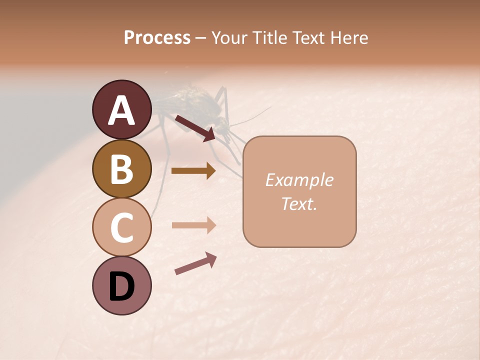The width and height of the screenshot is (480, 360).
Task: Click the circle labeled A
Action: click(x=121, y=109)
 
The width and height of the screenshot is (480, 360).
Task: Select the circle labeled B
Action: click(x=121, y=168)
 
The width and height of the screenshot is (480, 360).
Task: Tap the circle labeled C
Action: click(x=121, y=227)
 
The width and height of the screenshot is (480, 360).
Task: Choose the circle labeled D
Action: click(x=121, y=285)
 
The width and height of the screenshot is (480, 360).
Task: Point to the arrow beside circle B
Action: click(x=193, y=171)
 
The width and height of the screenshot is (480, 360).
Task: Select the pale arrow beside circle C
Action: click(x=193, y=225)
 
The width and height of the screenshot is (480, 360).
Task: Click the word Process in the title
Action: click(x=157, y=37)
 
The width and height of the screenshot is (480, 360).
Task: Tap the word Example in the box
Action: click(x=299, y=180)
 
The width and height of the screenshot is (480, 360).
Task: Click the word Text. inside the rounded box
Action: click(x=299, y=203)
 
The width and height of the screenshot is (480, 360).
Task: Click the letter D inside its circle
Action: click(x=121, y=286)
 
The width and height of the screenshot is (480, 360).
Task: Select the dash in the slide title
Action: click(x=201, y=38)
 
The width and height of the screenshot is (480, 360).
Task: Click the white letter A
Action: click(x=121, y=110)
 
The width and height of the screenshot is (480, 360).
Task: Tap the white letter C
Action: click(x=121, y=227)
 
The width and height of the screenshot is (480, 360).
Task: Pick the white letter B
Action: click(x=121, y=169)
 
